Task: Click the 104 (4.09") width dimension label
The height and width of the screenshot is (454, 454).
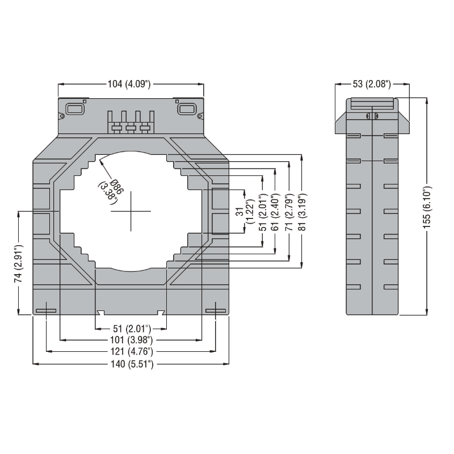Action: point(129,84)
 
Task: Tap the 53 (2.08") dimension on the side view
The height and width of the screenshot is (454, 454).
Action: point(372,84)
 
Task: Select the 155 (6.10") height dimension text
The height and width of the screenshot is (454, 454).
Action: point(427,207)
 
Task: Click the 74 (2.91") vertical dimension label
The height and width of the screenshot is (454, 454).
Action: point(18,263)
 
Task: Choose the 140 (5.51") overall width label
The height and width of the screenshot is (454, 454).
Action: point(132,364)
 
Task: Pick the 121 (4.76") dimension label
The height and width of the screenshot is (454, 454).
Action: point(132,351)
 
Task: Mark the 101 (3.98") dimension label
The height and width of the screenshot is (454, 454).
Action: point(132,339)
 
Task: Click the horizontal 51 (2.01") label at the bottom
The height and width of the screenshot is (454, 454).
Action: point(132,329)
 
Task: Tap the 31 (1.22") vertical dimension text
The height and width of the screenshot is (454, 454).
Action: point(245,211)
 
